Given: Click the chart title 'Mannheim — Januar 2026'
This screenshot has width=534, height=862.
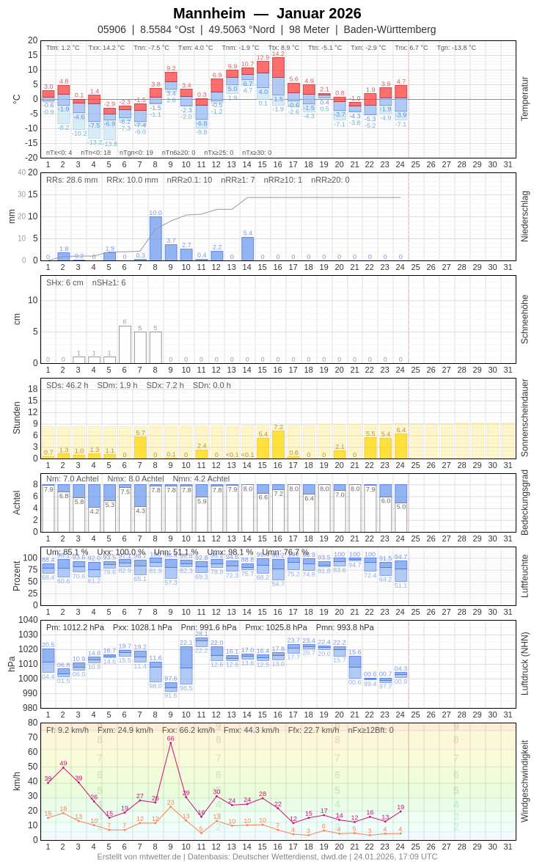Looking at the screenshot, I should click(267, 13).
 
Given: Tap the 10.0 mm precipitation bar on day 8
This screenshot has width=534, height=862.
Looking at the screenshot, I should click(156, 238).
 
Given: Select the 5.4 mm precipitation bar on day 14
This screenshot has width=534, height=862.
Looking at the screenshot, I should click(247, 249).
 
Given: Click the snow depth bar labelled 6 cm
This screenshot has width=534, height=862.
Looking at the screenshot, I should click(125, 344).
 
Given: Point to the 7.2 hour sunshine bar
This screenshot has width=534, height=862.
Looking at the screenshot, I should click(278, 445).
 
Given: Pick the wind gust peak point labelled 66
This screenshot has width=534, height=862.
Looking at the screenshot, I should click(171, 742).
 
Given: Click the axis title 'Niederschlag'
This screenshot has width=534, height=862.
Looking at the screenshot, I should click(524, 216).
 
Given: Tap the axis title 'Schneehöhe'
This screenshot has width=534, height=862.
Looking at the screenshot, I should click(524, 319).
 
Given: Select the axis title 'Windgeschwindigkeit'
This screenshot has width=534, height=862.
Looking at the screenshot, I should click(524, 781).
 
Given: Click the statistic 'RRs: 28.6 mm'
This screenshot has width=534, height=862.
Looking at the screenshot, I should click(72, 180).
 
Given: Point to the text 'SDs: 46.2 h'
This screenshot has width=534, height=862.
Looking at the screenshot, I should click(67, 385).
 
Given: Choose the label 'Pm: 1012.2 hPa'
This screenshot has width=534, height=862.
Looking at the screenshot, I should click(75, 627).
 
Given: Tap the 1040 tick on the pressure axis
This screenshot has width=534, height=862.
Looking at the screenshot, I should click(29, 620).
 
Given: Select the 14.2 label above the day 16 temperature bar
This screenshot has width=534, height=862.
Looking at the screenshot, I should click(278, 54).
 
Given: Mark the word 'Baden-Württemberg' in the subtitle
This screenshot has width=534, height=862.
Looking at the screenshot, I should click(389, 29).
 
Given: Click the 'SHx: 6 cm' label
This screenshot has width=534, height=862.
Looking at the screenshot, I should click(65, 282).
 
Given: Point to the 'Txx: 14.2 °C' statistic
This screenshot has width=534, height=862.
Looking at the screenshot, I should click(106, 48).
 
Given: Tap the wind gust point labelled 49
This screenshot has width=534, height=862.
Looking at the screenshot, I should click(63, 767).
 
